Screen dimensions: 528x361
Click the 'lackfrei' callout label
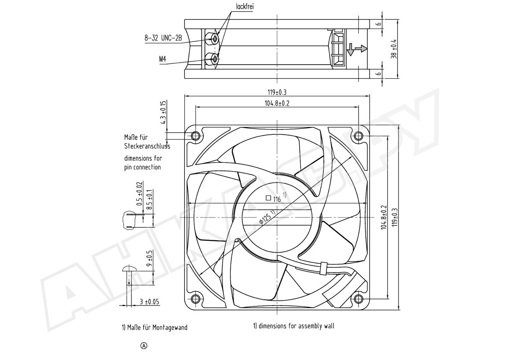coord(245,7)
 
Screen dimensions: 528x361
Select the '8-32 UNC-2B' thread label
coord(163,38)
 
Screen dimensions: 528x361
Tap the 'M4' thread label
coord(163,59)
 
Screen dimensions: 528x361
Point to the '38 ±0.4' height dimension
coord(394,49)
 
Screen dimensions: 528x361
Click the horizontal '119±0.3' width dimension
coord(277,92)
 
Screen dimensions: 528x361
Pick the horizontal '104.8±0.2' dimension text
coord(277,103)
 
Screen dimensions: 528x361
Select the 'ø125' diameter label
coord(267,217)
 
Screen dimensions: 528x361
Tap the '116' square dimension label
coord(277,199)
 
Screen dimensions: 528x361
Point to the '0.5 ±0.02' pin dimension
coord(139,193)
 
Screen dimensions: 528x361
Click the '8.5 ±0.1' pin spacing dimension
coord(150,199)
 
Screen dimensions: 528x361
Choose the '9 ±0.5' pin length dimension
coord(150,258)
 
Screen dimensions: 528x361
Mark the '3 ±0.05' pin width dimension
coord(150,302)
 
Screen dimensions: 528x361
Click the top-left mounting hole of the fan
coord(195,136)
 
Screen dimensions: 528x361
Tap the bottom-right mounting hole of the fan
coord(358,299)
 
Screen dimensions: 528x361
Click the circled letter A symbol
coord(144,346)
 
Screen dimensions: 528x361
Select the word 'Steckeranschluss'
coord(147,146)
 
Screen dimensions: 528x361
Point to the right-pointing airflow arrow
coord(361,48)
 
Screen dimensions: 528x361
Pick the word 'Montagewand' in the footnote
coord(170,328)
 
